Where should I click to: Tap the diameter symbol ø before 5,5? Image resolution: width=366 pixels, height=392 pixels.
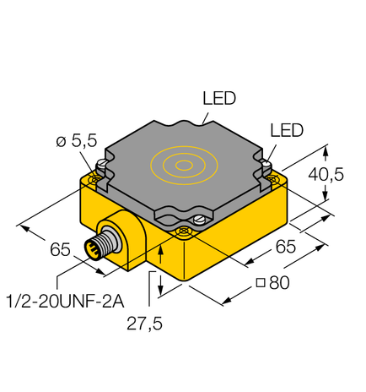60,143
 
